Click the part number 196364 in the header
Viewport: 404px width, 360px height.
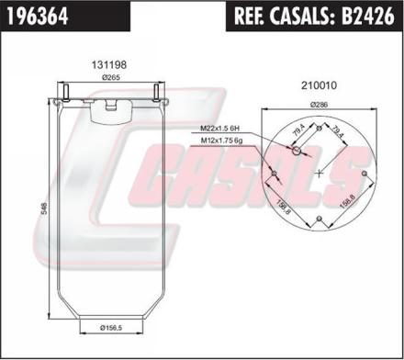coord(38,16)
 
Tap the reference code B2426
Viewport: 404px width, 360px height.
coord(368,16)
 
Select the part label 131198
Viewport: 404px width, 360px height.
coord(109,64)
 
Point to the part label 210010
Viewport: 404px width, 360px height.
coord(319,85)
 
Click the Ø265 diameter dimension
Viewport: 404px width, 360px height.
coord(111,78)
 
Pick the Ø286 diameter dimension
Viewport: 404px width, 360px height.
coord(319,105)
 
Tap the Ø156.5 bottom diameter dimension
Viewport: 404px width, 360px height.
coord(111,328)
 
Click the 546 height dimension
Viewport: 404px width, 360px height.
coord(44,208)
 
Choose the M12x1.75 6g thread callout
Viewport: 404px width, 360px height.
coord(221,141)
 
